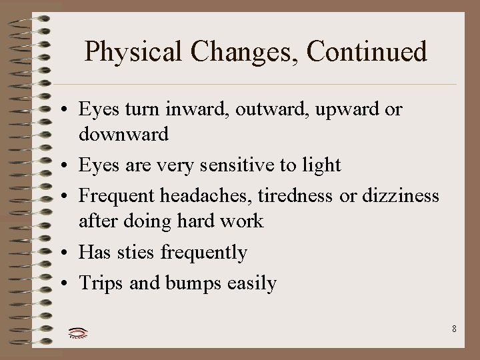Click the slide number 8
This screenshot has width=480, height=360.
coord(454,328)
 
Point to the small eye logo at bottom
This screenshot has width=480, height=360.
coord(78,331)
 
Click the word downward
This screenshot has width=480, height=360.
coord(123,134)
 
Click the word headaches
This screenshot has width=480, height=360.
coord(207,196)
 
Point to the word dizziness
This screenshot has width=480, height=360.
coord(401,196)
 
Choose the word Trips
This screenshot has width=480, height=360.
coord(99,283)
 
